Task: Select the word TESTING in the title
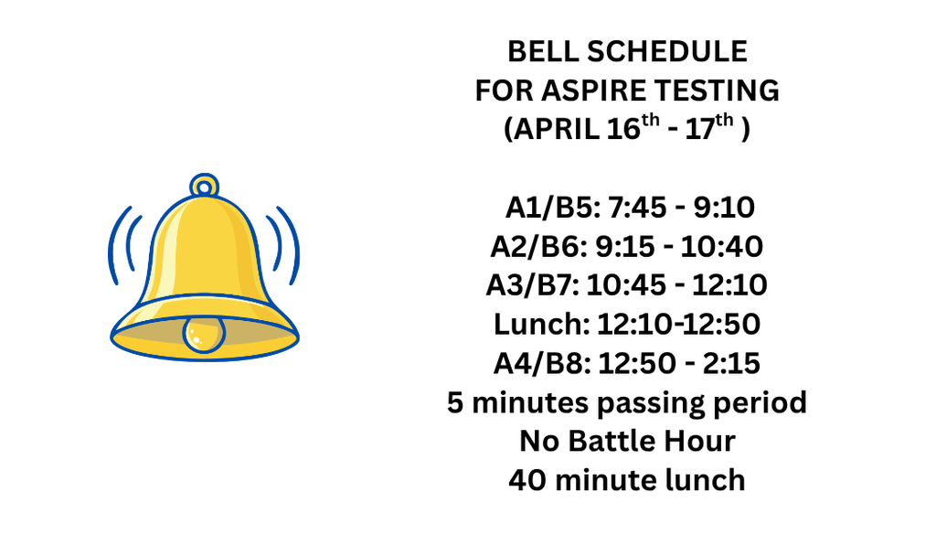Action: click(x=723, y=91)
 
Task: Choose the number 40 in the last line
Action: click(x=527, y=480)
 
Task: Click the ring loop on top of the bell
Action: click(x=206, y=186)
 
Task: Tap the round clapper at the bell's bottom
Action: click(x=203, y=333)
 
